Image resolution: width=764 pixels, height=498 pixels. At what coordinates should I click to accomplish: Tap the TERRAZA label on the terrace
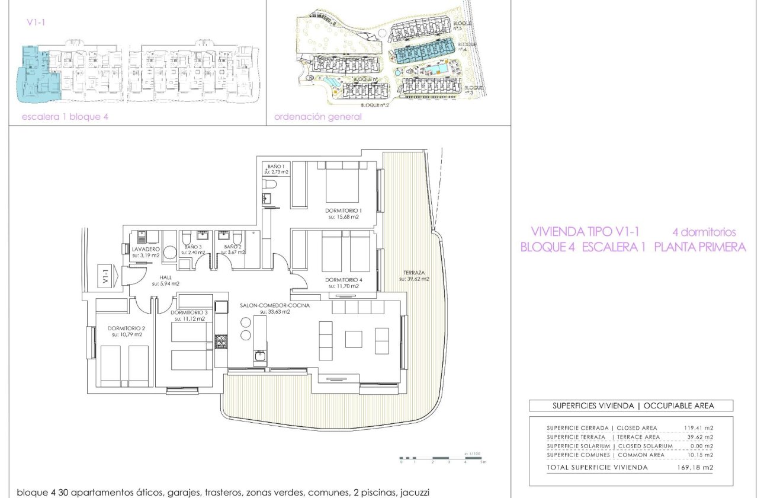[413, 272]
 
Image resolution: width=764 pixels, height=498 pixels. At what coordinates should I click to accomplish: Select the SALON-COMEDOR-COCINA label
[265, 305]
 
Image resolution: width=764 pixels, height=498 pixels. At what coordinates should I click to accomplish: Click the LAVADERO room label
[146, 250]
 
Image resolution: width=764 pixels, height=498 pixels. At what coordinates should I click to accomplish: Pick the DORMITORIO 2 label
[126, 328]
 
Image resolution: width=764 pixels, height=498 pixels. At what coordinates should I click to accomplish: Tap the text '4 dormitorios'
[704, 232]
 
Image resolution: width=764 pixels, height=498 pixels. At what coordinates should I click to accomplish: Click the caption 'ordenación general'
[318, 117]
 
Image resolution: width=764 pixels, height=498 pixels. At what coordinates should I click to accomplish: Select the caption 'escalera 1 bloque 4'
[65, 117]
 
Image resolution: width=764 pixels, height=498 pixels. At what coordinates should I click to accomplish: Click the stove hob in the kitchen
[221, 341]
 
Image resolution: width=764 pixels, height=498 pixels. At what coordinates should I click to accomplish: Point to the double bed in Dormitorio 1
[342, 182]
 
